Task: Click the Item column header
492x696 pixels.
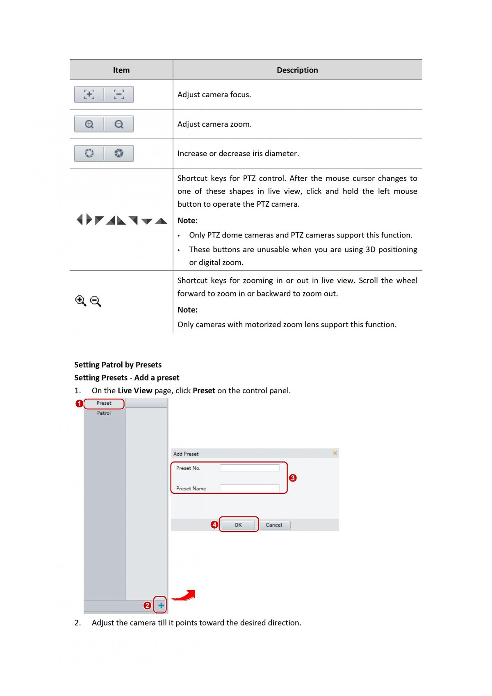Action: coord(121,70)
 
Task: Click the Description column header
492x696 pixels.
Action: coord(297,70)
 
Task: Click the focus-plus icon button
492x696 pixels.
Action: coord(89,94)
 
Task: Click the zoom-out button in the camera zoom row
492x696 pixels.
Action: coord(119,124)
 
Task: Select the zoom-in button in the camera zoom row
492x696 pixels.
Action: coord(89,124)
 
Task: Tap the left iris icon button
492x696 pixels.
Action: coord(89,153)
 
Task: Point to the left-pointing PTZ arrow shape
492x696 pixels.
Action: coord(80,220)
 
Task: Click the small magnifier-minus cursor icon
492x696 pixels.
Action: coord(96,301)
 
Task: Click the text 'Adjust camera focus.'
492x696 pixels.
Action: coord(214,95)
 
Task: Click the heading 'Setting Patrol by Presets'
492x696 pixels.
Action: coord(118,365)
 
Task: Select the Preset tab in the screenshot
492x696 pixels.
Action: coord(104,404)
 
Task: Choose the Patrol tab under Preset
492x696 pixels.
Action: coord(104,413)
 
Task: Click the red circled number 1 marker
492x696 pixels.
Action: coord(79,404)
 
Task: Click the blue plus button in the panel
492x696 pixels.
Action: coord(161,605)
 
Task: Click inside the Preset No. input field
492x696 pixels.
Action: coord(249,468)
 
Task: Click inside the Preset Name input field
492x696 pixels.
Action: coord(249,488)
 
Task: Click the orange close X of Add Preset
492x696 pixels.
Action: coord(335,453)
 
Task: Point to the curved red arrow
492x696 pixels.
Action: coord(184,596)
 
